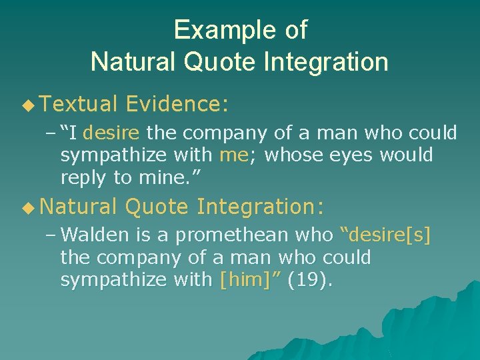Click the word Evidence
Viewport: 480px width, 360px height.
[x=176, y=103]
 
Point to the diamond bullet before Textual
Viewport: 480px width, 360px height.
[x=27, y=104]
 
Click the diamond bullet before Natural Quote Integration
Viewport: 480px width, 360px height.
[x=27, y=207]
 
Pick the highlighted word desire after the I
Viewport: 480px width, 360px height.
[x=111, y=133]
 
